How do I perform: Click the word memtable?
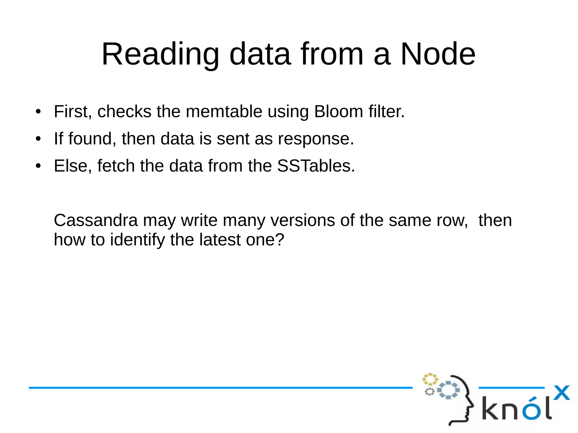(x=224, y=111)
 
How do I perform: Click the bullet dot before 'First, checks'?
(x=38, y=111)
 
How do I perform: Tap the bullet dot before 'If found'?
(x=38, y=139)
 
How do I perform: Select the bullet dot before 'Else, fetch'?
(x=38, y=166)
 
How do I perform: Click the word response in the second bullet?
(x=316, y=139)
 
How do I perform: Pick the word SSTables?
(x=316, y=166)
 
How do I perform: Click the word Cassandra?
(x=96, y=220)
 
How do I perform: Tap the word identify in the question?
(x=137, y=240)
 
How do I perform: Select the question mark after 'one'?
(x=279, y=240)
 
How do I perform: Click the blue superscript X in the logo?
(x=561, y=393)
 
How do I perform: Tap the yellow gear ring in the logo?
(x=430, y=379)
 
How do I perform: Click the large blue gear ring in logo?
(x=448, y=390)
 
